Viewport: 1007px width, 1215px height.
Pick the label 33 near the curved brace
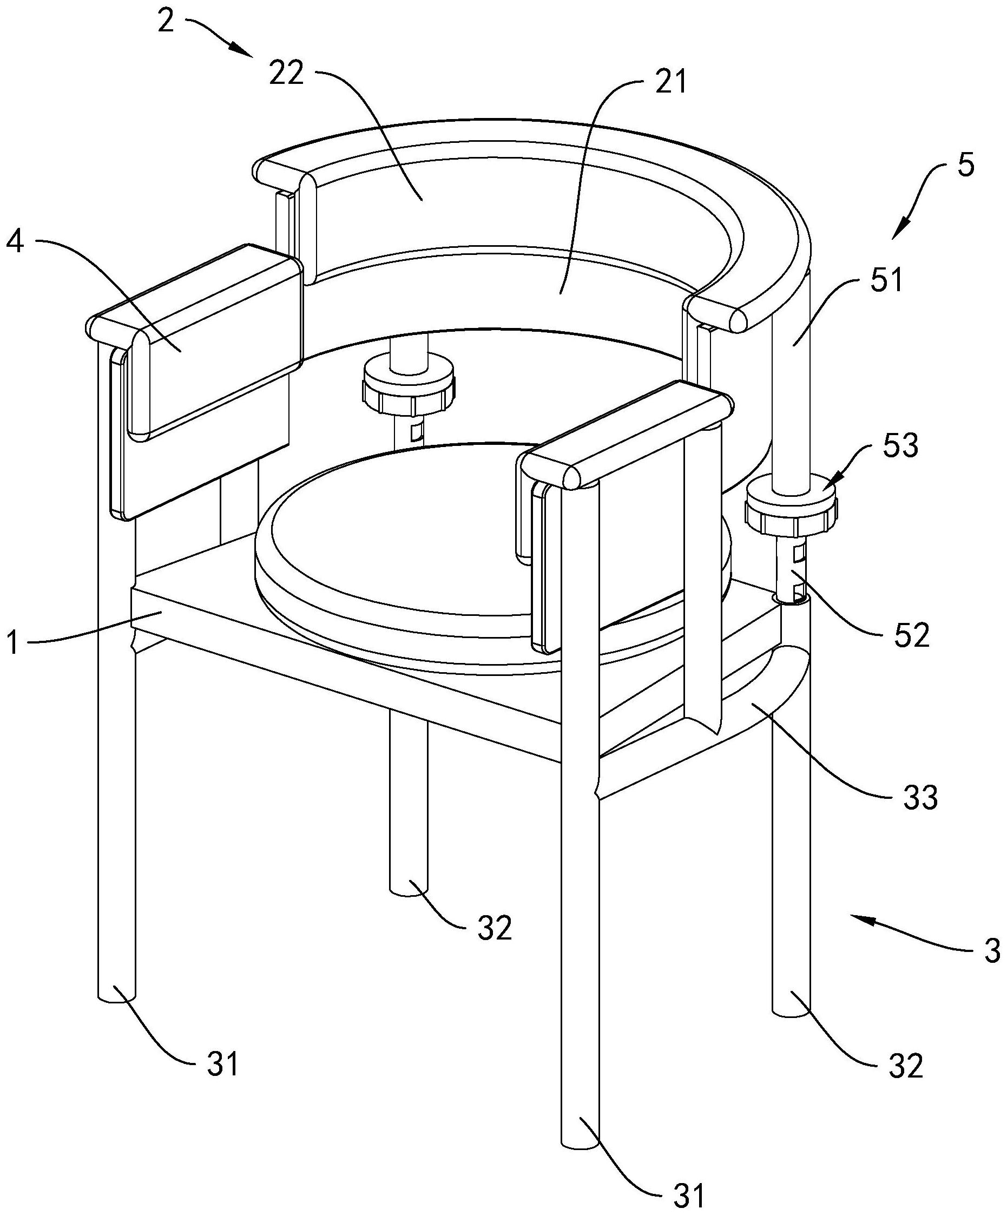[x=919, y=798]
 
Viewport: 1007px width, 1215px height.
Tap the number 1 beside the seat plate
[x=13, y=643]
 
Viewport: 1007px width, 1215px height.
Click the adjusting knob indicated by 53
[x=791, y=508]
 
